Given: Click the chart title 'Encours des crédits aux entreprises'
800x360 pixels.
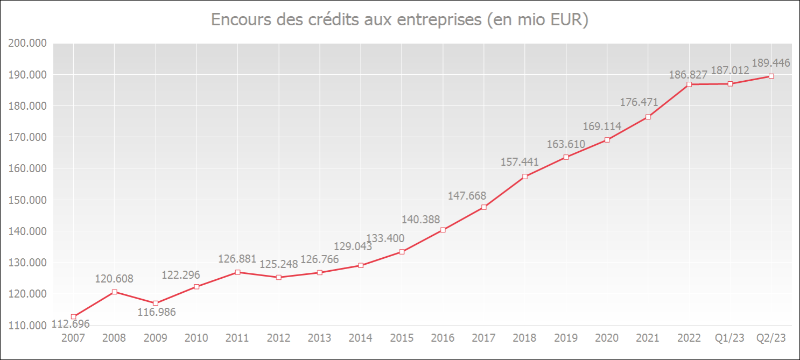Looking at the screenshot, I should point(399,20).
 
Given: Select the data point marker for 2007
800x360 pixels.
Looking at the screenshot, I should point(73,317).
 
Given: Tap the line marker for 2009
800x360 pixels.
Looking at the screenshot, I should point(156,303).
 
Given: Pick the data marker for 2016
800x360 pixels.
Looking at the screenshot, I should point(443,230).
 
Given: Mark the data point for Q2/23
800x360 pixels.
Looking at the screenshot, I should point(771,76).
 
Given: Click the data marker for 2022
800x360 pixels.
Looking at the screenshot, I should point(689,84).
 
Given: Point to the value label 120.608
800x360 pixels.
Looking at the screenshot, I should point(114,279).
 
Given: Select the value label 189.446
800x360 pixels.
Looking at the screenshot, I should point(771,63).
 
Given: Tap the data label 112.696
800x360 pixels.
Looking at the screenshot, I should point(71,324).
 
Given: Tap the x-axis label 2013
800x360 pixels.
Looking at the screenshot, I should point(319,338).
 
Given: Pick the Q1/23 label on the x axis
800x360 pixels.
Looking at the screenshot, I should point(730,338).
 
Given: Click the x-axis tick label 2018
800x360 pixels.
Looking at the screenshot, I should point(524,338).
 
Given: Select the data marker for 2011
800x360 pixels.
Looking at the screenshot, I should point(237,272).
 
